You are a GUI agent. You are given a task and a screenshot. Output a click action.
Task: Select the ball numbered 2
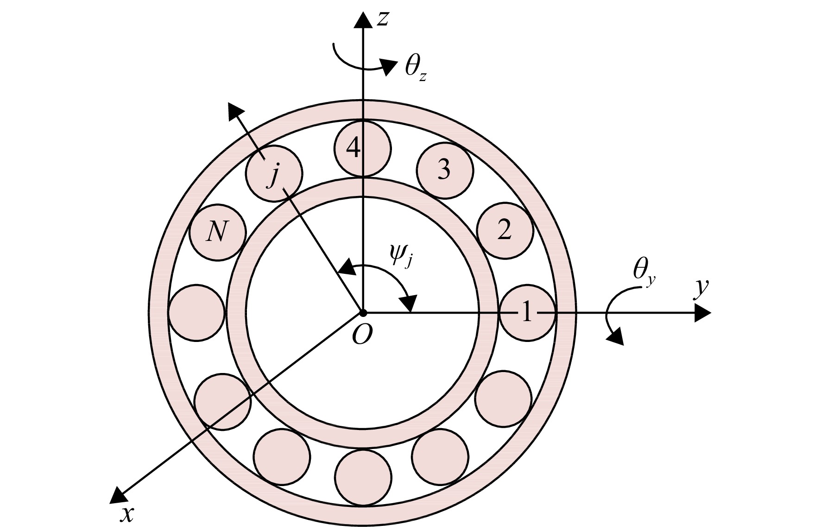point(505,230)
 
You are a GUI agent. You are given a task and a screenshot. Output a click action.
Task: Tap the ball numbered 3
point(445,170)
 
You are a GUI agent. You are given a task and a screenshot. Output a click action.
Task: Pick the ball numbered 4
point(363,148)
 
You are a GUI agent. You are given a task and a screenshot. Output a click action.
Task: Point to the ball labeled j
point(274,173)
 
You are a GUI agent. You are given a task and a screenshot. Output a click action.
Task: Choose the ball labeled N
point(217,232)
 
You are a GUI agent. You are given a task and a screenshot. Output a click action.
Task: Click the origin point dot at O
point(363,313)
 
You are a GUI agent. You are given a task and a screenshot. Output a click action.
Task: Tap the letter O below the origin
point(362,335)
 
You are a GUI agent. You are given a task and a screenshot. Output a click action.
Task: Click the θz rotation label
point(415,69)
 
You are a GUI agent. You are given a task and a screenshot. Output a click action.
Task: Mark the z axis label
point(382,18)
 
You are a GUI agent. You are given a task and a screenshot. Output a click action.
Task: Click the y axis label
point(701,288)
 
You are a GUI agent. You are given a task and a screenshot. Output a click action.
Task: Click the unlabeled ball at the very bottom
point(363,478)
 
